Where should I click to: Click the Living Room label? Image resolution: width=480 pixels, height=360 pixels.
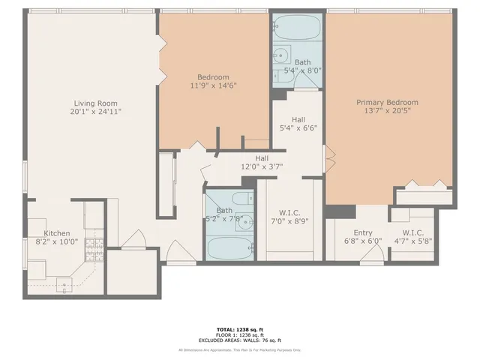[95, 103]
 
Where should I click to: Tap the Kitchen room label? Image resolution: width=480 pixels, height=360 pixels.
[57, 233]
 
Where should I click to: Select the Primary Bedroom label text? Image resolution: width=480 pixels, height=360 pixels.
[387, 103]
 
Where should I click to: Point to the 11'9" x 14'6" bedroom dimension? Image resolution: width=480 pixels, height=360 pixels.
[213, 85]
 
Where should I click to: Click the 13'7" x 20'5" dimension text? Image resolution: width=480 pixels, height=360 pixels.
[387, 111]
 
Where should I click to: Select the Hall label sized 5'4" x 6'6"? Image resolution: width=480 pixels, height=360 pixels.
[298, 119]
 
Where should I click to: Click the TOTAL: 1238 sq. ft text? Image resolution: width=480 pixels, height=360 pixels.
[240, 329]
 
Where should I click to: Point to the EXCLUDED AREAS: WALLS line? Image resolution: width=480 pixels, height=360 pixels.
[240, 341]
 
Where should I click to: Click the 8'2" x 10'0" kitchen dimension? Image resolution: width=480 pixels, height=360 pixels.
[57, 241]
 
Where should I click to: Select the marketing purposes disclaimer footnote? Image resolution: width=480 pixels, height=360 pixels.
[240, 349]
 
